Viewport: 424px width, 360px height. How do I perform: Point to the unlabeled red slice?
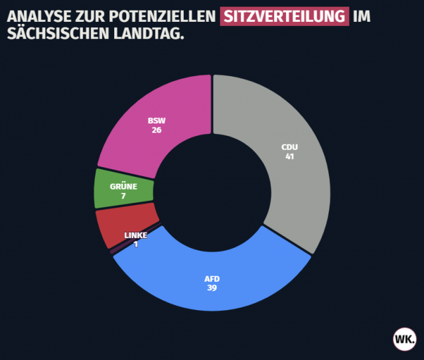click(x=113, y=224)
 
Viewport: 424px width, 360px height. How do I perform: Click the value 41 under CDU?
click(x=289, y=156)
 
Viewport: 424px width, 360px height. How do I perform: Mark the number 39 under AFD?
click(x=212, y=288)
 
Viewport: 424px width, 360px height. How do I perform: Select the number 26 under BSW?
click(x=157, y=130)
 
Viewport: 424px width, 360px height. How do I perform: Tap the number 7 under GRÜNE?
click(x=123, y=196)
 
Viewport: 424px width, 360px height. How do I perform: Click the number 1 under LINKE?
click(x=135, y=244)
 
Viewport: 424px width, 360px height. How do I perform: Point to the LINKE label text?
click(x=135, y=235)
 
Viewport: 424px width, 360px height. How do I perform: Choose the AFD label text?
click(x=212, y=278)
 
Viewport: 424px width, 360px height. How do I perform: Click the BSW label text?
click(x=157, y=121)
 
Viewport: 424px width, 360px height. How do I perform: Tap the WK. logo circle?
click(x=404, y=339)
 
